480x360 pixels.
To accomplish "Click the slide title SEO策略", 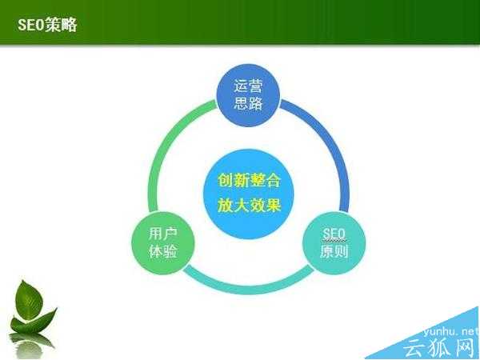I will coord(47,25).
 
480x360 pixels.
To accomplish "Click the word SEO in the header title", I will coord(32,25).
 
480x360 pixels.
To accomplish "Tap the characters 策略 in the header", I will coord(62,25).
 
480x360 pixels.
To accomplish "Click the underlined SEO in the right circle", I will coord(333,234).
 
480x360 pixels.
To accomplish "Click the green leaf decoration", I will coord(32,308).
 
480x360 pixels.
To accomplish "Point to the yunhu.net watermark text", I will coord(444,328).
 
